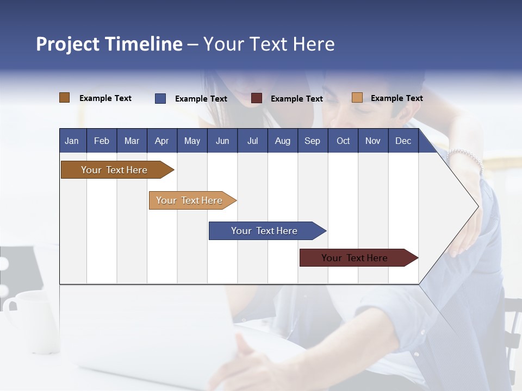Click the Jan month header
[72, 141]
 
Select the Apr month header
[161, 141]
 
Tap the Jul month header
[252, 141]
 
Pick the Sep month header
[312, 141]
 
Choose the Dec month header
[403, 141]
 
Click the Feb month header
[102, 141]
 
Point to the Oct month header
[343, 141]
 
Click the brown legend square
[65, 98]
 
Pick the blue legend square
[160, 98]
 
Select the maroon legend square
[257, 98]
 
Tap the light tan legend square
[357, 98]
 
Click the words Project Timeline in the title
[109, 44]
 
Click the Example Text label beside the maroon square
[296, 99]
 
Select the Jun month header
[222, 141]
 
